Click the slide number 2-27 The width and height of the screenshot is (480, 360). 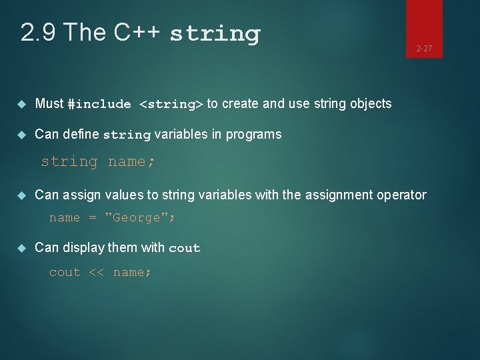(424, 48)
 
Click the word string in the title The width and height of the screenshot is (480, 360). (215, 33)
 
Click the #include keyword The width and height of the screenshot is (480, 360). (99, 104)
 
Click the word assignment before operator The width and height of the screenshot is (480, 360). (337, 195)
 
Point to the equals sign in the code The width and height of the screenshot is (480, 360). (93, 217)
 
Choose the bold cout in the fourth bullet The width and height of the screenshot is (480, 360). (184, 248)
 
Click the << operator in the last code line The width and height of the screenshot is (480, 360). (96, 272)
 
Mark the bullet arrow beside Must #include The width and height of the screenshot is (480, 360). (21, 103)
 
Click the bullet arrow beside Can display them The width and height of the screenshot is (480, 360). (21, 247)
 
